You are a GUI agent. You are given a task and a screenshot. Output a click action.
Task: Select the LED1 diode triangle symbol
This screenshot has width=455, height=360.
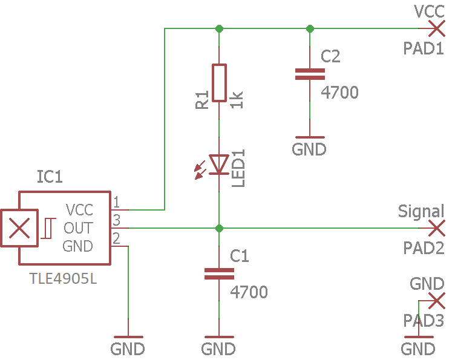[219, 164]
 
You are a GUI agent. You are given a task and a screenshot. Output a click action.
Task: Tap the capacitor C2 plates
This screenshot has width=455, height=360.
[310, 74]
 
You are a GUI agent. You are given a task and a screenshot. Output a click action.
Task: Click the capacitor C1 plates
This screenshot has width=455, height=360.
[219, 273]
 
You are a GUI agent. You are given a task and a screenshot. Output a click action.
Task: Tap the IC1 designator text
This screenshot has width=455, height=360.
[50, 177]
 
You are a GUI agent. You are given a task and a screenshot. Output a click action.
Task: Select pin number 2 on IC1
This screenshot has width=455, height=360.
[116, 237]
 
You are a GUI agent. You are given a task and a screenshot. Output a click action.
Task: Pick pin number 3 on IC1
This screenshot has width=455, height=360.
[116, 219]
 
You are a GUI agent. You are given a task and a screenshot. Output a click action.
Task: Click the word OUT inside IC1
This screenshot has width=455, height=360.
[79, 228]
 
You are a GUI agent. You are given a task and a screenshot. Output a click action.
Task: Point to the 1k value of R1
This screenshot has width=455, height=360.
[237, 99]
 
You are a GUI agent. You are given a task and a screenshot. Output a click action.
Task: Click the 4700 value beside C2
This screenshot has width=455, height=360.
[339, 93]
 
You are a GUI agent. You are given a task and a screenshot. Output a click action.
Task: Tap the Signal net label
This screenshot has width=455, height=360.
[421, 211]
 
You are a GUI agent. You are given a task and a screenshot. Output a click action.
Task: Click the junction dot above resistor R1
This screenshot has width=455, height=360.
[219, 28]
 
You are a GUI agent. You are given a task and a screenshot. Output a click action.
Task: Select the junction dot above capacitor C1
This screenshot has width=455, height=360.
[219, 228]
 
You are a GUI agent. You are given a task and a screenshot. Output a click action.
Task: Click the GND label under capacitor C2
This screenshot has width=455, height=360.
[309, 149]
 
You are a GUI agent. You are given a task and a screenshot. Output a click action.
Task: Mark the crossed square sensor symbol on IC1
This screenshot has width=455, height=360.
[19, 228]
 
